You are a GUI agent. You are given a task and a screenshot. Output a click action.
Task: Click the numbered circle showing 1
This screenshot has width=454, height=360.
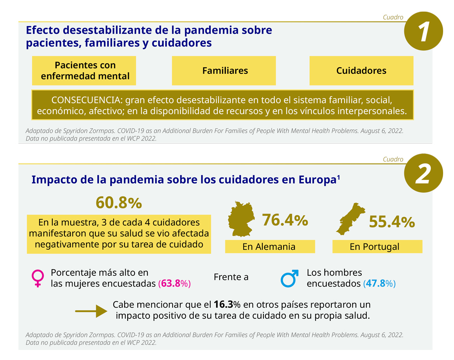[423, 31]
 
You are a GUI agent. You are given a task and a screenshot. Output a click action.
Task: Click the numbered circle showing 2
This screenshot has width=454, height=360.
[423, 173]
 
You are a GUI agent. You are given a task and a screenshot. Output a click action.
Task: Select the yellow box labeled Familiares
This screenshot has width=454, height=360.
[224, 71]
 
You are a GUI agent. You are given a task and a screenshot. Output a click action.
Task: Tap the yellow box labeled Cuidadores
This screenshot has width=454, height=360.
[361, 71]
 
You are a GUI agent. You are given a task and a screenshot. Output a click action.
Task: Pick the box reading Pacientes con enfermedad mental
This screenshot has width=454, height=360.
[84, 71]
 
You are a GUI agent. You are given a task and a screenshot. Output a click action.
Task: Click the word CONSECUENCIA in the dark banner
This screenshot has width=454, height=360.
[84, 100]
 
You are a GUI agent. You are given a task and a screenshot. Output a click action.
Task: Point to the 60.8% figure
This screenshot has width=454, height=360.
[119, 203]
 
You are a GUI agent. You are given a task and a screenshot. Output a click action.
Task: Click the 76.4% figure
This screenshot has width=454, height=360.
[285, 221]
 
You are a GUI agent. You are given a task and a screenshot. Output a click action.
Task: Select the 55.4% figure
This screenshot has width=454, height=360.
[392, 222]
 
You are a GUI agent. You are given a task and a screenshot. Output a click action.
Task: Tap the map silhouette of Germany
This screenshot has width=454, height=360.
[241, 219]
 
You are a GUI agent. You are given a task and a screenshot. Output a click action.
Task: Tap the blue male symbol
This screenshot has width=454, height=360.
[290, 278]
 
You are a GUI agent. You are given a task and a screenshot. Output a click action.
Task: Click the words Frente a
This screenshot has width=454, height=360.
[231, 277]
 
